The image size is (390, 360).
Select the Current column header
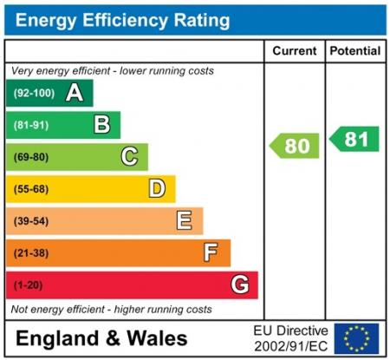click(294, 51)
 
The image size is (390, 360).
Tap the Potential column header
click(355, 51)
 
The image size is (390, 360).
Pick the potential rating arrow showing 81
click(355, 139)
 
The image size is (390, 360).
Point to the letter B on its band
click(102, 125)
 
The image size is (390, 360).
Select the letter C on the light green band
click(129, 157)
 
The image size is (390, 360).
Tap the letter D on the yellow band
click(157, 188)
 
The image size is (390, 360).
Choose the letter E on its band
click(185, 220)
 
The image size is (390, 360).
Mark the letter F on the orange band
click(211, 252)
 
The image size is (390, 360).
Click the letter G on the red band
click(240, 285)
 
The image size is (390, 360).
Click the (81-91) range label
click(30, 126)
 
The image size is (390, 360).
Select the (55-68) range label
click(30, 189)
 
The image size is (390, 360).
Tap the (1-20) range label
click(28, 285)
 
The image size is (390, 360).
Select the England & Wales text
click(101, 337)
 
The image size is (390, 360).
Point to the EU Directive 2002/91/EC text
click(290, 337)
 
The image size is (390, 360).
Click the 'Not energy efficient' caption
click(111, 309)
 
